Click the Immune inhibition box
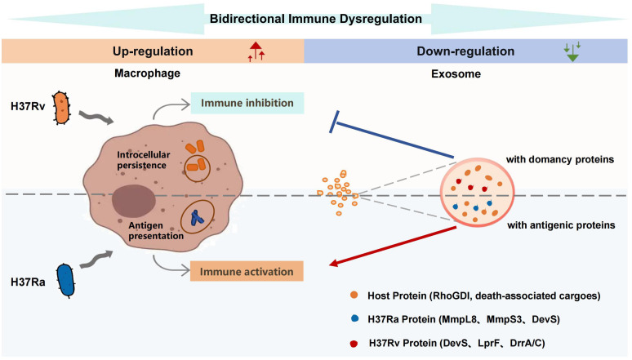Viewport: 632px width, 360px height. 247,103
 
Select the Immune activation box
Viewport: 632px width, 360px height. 247,271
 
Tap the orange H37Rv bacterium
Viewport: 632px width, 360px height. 62,108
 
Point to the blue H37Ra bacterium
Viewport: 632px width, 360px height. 65,281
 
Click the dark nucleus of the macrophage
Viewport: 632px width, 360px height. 134,201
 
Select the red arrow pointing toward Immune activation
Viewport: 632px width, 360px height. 393,247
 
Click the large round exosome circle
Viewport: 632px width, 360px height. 477,193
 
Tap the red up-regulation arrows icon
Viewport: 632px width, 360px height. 256,51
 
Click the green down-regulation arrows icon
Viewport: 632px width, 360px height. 572,51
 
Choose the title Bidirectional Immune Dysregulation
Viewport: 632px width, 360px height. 316,19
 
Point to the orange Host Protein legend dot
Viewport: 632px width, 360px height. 354,295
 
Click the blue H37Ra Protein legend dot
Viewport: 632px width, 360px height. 354,318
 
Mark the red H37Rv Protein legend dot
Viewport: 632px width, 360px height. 354,344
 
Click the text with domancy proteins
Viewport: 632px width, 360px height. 560,160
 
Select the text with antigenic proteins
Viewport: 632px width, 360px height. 561,225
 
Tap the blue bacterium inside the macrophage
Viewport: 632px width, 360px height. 197,217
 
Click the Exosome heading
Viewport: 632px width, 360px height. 456,73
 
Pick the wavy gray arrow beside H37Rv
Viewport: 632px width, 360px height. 96,117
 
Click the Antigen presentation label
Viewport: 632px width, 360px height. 156,230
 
